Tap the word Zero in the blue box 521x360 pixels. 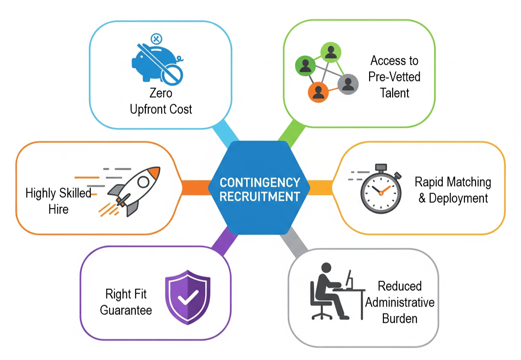pyautogui.click(x=161, y=93)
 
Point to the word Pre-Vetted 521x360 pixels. pyautogui.click(x=394, y=76)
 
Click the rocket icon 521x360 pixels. pyautogui.click(x=134, y=190)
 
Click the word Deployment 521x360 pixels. pyautogui.click(x=458, y=198)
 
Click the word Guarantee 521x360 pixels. pyautogui.click(x=126, y=309)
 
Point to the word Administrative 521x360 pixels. pyautogui.click(x=400, y=303)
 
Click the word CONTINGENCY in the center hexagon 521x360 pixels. pyautogui.click(x=260, y=182)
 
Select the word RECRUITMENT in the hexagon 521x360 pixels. pyautogui.click(x=260, y=196)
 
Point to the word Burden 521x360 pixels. pyautogui.click(x=400, y=319)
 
